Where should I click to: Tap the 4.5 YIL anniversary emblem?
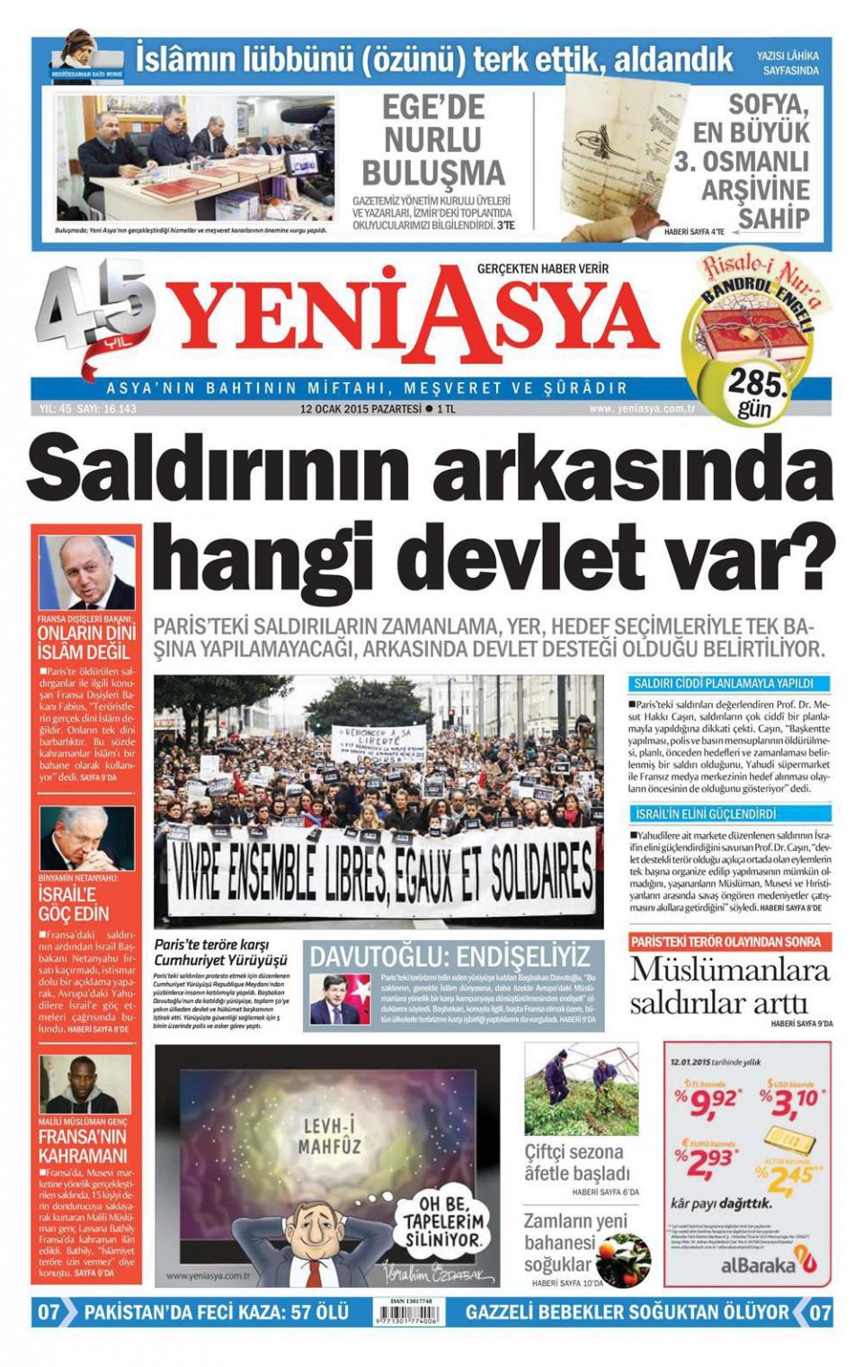tap(90, 316)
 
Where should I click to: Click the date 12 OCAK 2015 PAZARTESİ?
tap(360, 409)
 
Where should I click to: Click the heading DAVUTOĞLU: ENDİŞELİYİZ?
tap(449, 955)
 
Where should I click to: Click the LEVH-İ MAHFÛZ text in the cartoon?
tap(331, 1136)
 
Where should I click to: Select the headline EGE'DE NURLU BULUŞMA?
tap(433, 139)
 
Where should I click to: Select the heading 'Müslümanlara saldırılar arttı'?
tap(728, 986)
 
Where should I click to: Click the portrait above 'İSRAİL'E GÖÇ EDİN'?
tap(86, 837)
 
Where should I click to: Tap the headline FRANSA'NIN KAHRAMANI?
tap(83, 1145)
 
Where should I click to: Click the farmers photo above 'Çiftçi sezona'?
tap(581, 1088)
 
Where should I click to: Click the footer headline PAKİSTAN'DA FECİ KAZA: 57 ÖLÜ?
tap(216, 1312)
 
